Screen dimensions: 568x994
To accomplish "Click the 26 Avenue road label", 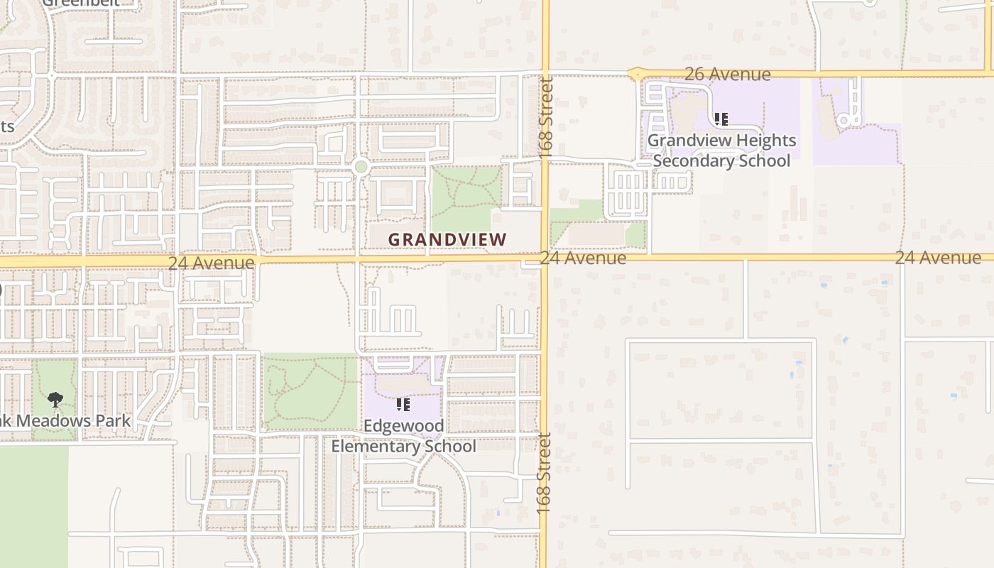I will [727, 74].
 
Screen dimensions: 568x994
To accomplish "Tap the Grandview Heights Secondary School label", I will [721, 151].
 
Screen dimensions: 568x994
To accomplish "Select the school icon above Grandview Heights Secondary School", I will [721, 119].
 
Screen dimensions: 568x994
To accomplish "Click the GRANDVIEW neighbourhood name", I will [447, 240].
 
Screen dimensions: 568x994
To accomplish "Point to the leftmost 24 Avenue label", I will [211, 263].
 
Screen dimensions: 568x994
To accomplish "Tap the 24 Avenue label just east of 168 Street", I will [583, 258].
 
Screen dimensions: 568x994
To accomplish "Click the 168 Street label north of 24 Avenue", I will [545, 117].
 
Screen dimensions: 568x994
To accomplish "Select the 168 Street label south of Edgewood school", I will [545, 473].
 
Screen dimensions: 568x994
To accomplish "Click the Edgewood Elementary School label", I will [403, 436].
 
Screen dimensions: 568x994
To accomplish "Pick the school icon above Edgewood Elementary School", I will [403, 405].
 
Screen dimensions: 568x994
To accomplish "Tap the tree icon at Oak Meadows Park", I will [55, 400].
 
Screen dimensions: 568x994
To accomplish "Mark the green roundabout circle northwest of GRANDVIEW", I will [361, 168].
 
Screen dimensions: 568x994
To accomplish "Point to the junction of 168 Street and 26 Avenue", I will [545, 74].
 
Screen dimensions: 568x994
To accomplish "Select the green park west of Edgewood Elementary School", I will [310, 391].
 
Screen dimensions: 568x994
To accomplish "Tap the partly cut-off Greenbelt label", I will [80, 3].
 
